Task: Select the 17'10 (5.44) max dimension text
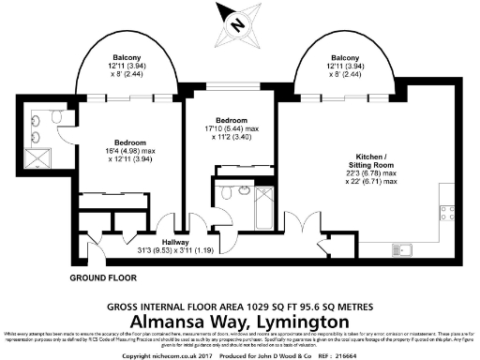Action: click(x=229, y=128)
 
